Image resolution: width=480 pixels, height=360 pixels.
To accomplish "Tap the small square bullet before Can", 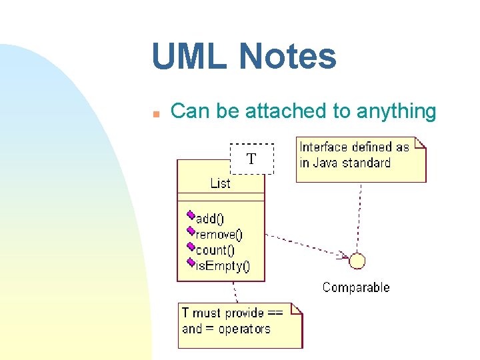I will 155,114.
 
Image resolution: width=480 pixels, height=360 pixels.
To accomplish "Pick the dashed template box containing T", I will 251,159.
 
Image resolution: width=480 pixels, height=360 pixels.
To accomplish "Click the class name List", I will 220,183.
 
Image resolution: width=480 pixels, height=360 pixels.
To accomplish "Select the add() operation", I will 210,219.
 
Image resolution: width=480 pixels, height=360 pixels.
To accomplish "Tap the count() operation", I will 215,251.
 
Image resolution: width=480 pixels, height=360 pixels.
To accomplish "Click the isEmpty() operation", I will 222,267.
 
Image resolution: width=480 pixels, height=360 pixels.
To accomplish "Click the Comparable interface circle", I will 357,261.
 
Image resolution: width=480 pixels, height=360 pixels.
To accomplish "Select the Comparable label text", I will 356,287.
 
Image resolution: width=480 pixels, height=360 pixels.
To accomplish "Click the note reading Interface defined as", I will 360,159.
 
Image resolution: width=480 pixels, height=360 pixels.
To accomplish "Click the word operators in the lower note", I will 245,329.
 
